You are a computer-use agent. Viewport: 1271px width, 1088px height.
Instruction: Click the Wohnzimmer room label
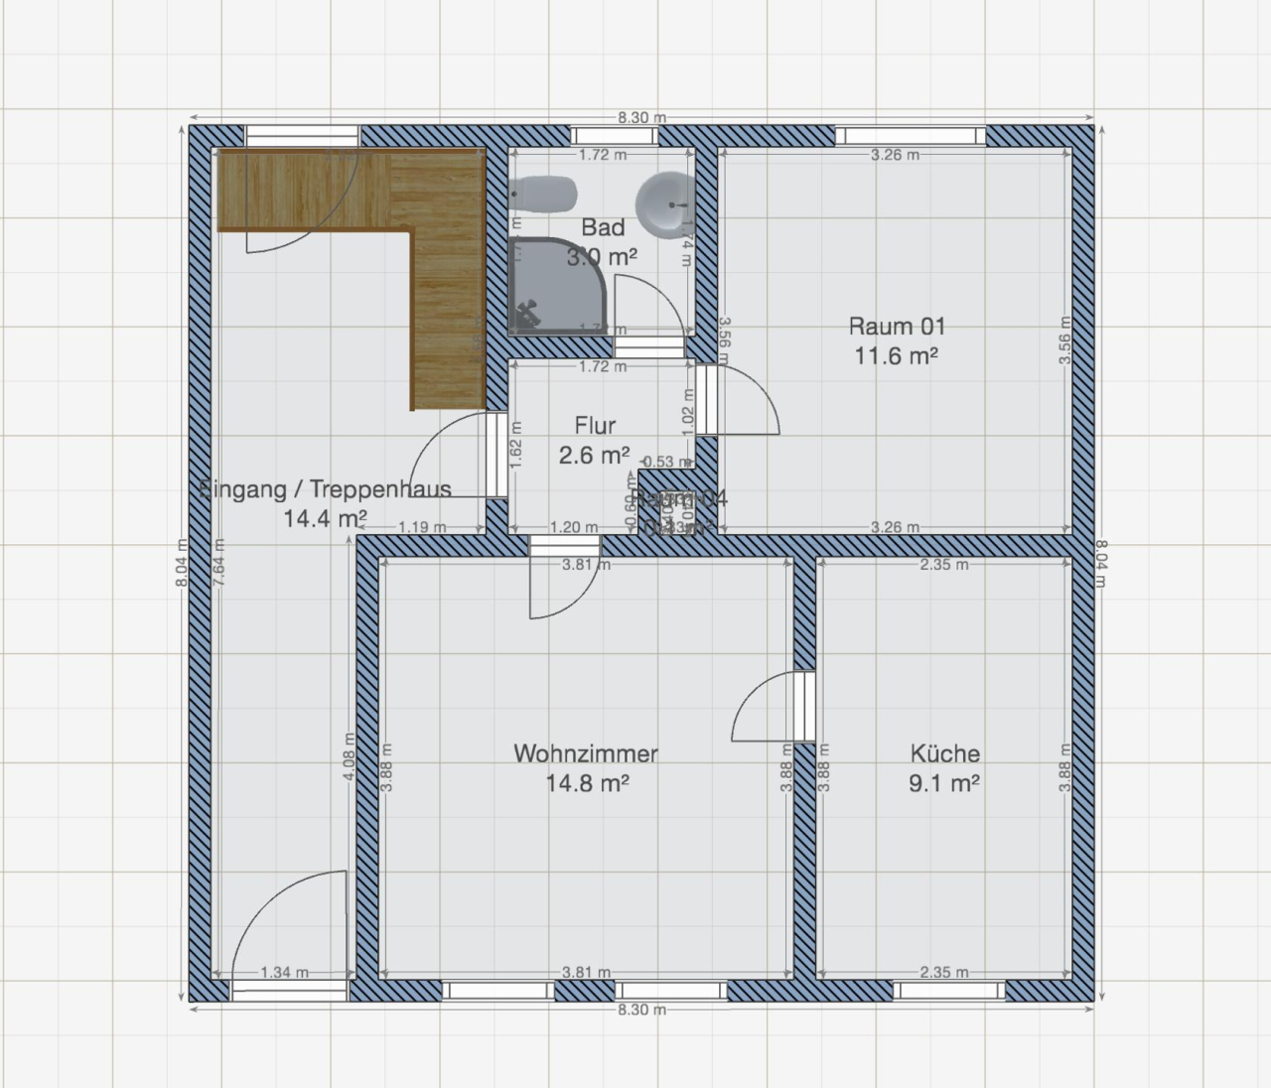(585, 753)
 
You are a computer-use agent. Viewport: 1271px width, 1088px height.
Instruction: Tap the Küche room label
(944, 753)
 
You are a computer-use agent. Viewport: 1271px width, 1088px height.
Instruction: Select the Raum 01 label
(897, 326)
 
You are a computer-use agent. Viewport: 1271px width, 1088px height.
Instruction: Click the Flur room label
(595, 426)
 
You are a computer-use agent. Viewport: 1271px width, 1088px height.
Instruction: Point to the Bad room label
(603, 227)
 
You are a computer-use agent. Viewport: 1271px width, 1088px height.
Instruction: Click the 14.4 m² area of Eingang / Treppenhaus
(326, 518)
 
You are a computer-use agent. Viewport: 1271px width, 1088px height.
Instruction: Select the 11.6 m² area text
(897, 355)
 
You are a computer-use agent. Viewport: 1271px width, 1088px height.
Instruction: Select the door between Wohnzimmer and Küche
(804, 707)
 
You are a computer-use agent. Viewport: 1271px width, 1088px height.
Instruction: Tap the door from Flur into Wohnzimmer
(564, 545)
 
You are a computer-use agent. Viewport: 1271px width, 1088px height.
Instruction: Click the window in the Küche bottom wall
(948, 991)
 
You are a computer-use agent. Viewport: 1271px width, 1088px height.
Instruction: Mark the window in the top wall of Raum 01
(911, 136)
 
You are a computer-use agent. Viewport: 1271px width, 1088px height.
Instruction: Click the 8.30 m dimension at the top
(640, 117)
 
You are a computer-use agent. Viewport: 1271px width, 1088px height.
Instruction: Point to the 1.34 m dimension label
(284, 973)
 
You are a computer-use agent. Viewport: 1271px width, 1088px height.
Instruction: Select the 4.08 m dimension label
(349, 757)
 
